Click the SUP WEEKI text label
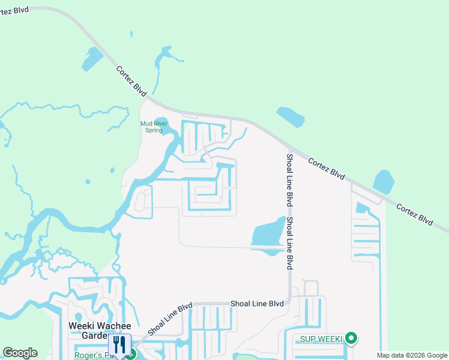[318, 340]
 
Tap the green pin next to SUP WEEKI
[352, 339]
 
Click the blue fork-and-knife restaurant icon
[119, 344]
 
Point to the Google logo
[20, 353]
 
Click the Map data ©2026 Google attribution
[412, 355]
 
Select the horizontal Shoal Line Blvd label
[257, 304]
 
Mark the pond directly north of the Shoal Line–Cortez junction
[290, 116]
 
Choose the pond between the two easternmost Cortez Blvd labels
[383, 182]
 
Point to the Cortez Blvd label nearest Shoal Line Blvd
[327, 169]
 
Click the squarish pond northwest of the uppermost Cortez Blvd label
[93, 58]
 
